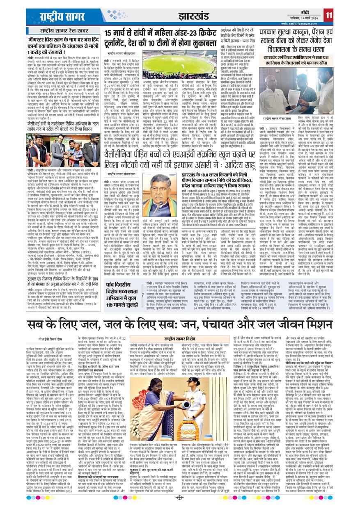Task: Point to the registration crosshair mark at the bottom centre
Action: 179,498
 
